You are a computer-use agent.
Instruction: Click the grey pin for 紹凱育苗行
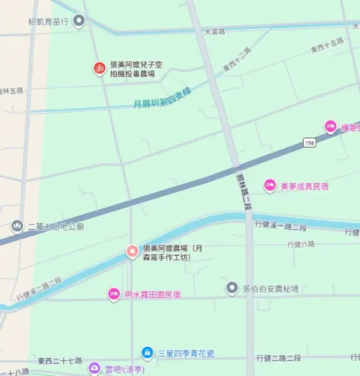click(x=79, y=22)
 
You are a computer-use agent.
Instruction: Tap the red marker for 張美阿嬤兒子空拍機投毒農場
click(x=99, y=68)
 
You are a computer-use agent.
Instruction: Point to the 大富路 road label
click(x=215, y=32)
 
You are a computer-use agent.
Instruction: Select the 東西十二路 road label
click(x=237, y=59)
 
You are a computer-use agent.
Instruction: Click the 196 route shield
click(x=309, y=143)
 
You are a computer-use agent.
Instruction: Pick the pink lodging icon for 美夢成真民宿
click(x=270, y=185)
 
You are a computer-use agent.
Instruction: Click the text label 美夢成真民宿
click(x=304, y=186)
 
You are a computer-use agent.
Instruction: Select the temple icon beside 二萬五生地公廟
click(x=17, y=226)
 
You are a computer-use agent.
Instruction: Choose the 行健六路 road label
click(x=300, y=244)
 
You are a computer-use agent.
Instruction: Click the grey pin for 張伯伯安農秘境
click(x=232, y=288)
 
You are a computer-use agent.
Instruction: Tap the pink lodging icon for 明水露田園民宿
click(x=113, y=293)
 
